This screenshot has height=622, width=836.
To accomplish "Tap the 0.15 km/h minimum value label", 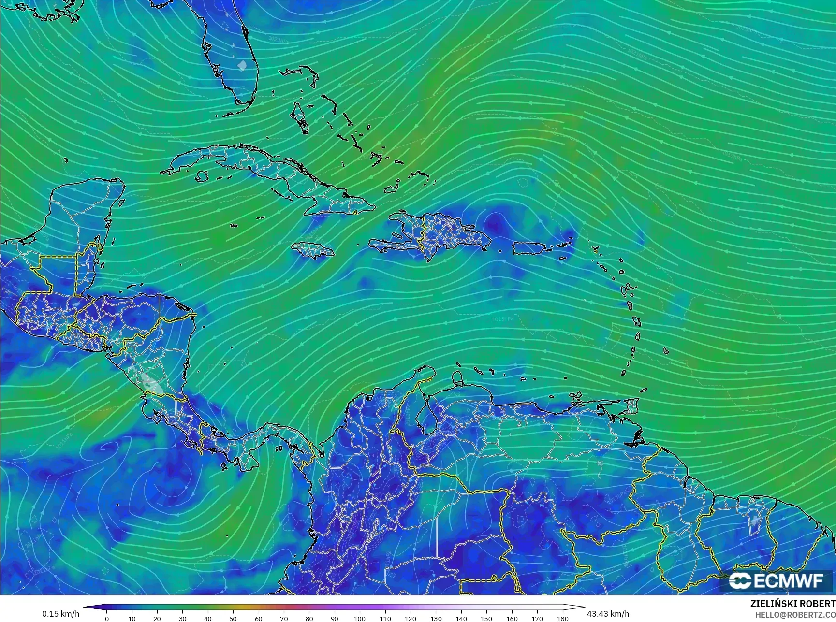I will [x=60, y=614].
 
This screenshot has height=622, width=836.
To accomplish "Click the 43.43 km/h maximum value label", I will [x=608, y=614].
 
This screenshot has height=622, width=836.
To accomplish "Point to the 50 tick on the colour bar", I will [x=233, y=618].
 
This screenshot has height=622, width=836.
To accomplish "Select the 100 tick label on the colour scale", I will [x=360, y=618].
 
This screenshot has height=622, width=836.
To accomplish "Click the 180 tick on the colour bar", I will [x=562, y=618].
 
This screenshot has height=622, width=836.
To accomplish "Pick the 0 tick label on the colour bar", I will [x=107, y=618].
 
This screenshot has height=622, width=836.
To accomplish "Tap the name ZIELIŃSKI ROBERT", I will [x=792, y=604].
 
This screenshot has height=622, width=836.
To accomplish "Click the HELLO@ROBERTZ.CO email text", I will [x=795, y=614].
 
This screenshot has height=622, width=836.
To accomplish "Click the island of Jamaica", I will [x=313, y=249].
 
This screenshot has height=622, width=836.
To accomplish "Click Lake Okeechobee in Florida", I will [x=242, y=64].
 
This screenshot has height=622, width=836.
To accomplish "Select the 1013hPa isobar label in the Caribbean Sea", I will [x=502, y=319].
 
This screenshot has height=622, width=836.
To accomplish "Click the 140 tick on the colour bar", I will [x=461, y=618].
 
